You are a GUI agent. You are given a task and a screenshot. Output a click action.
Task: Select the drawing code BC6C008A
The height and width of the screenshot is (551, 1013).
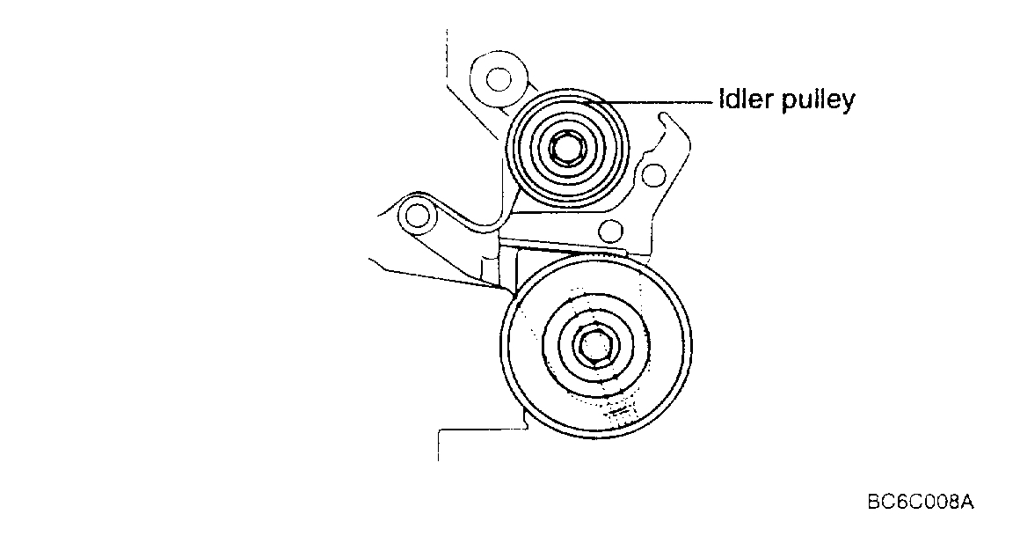tap(920, 503)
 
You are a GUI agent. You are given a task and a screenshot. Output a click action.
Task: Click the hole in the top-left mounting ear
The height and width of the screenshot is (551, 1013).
tap(498, 79)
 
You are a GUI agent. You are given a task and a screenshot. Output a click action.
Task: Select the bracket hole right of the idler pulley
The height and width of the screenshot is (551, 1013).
tap(652, 176)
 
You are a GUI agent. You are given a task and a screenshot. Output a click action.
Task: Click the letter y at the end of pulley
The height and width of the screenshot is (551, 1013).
tap(846, 104)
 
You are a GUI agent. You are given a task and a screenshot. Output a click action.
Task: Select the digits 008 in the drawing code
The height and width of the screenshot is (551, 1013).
tap(937, 503)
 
